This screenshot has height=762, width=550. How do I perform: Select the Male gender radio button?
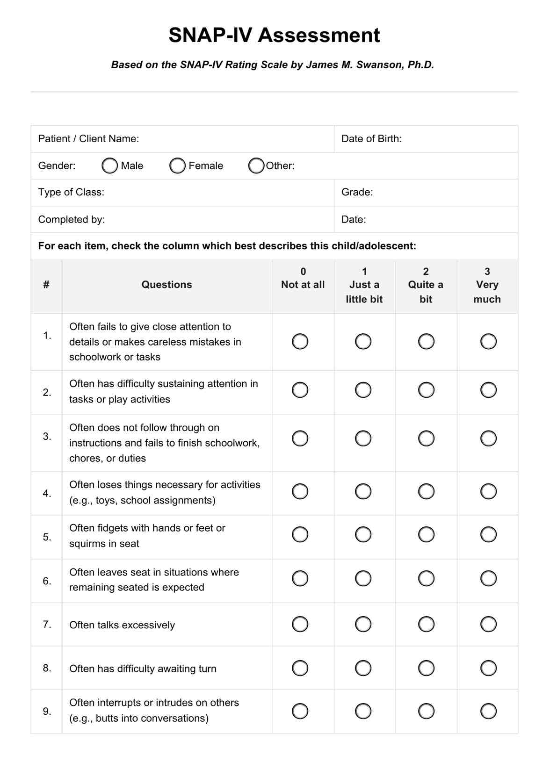(109, 165)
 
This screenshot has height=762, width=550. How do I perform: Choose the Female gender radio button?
(177, 165)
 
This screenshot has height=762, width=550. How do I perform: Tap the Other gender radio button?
(256, 165)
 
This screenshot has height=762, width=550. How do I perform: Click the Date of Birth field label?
(371, 139)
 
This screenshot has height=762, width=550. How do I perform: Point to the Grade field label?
(357, 192)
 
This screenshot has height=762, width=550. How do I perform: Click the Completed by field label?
(72, 219)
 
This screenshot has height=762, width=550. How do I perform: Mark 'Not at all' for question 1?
(300, 341)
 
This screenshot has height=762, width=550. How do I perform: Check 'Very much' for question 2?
(488, 390)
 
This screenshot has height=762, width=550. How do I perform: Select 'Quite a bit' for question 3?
(426, 439)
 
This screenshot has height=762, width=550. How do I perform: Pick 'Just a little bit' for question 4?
(363, 491)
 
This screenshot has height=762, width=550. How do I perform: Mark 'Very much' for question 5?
(488, 534)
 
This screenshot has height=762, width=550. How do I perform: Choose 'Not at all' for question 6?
(300, 578)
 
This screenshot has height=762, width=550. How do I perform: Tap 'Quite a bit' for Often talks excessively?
(426, 624)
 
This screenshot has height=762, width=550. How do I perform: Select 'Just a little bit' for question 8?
(363, 668)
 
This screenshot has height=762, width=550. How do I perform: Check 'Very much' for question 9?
(488, 712)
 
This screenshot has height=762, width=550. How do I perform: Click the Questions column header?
(166, 285)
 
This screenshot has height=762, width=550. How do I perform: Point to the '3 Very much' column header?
(487, 285)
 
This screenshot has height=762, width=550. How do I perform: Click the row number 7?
(47, 625)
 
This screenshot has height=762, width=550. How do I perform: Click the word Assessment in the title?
(319, 36)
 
